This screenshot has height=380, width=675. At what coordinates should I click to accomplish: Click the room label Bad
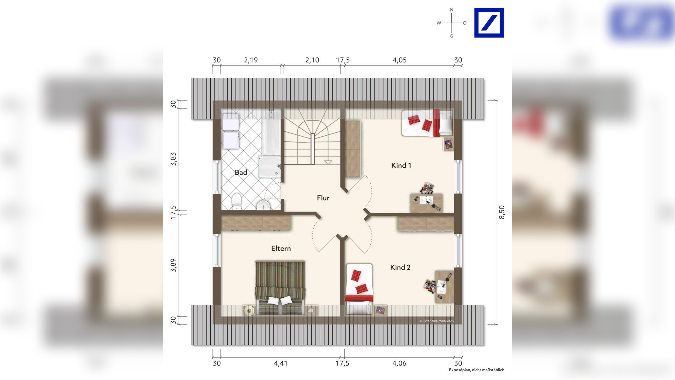pyautogui.click(x=241, y=173)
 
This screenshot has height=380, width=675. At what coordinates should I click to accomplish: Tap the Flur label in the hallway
pyautogui.click(x=323, y=198)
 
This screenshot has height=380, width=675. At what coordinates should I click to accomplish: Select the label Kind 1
pyautogui.click(x=401, y=165)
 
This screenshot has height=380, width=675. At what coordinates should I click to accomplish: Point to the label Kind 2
pyautogui.click(x=400, y=267)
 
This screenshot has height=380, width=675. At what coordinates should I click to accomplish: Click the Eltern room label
pyautogui.click(x=281, y=248)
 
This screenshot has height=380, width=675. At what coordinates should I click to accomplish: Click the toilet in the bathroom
pyautogui.click(x=237, y=201)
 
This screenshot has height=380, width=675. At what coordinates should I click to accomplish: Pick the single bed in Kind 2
pyautogui.click(x=359, y=289)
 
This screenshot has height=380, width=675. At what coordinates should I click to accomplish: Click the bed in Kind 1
pyautogui.click(x=427, y=123)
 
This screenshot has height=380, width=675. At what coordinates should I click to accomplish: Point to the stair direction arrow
pyautogui.click(x=327, y=162)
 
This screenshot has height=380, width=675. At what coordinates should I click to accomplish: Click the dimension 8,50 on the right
pyautogui.click(x=502, y=212)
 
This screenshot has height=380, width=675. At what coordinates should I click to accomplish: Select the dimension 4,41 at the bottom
pyautogui.click(x=281, y=363)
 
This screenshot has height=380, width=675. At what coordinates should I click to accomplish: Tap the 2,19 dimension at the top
pyautogui.click(x=250, y=60)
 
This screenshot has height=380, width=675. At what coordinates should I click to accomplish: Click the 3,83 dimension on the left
pyautogui.click(x=173, y=159)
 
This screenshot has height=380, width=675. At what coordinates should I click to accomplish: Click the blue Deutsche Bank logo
pyautogui.click(x=489, y=23)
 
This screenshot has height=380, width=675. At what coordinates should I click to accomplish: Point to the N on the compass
pyautogui.click(x=452, y=10)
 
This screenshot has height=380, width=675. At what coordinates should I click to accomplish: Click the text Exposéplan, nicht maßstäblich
pyautogui.click(x=476, y=370)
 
